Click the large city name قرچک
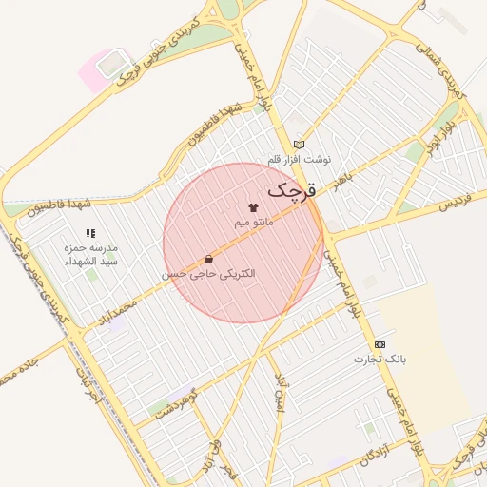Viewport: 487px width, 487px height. pyautogui.click(x=288, y=189)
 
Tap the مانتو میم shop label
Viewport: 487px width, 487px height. pyautogui.click(x=254, y=222)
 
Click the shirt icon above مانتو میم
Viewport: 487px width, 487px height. pyautogui.click(x=253, y=206)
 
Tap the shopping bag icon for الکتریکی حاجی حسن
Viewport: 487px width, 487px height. pyautogui.click(x=208, y=259)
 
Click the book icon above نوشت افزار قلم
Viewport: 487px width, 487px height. pyautogui.click(x=299, y=145)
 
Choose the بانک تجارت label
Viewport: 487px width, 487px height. pyautogui.click(x=380, y=360)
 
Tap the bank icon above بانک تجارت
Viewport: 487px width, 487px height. pyautogui.click(x=380, y=344)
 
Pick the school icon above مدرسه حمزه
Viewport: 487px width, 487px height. pyautogui.click(x=90, y=232)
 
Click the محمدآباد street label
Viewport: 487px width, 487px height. pyautogui.click(x=118, y=313)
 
